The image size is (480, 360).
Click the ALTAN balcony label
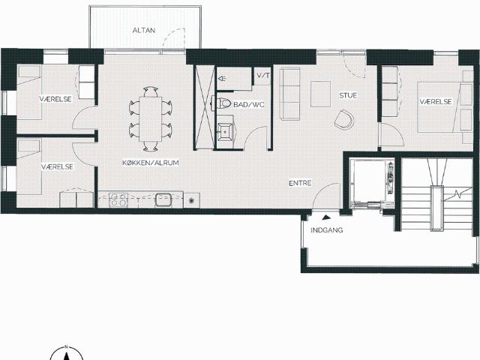pos(144,30)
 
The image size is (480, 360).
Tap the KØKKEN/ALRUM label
pos(151,163)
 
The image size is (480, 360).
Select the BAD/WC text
pos(248,105)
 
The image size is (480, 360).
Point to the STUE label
pos(348,95)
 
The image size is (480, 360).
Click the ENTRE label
pos(300,183)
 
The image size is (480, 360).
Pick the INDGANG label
pos(327,230)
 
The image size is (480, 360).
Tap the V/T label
pos(263,75)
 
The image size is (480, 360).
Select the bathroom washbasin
pos(226,132)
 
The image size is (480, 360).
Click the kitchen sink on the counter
pos(163,199)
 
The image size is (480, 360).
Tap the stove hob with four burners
pos(118,199)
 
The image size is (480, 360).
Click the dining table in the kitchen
pos(150,119)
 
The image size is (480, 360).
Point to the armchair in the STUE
pos(343,119)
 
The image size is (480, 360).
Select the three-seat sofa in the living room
pos(289,93)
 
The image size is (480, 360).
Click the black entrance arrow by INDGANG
pos(326,217)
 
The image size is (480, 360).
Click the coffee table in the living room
pos(320,94)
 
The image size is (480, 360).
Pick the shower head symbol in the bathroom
pos(221,79)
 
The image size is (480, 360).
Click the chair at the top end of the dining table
pos(151,91)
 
